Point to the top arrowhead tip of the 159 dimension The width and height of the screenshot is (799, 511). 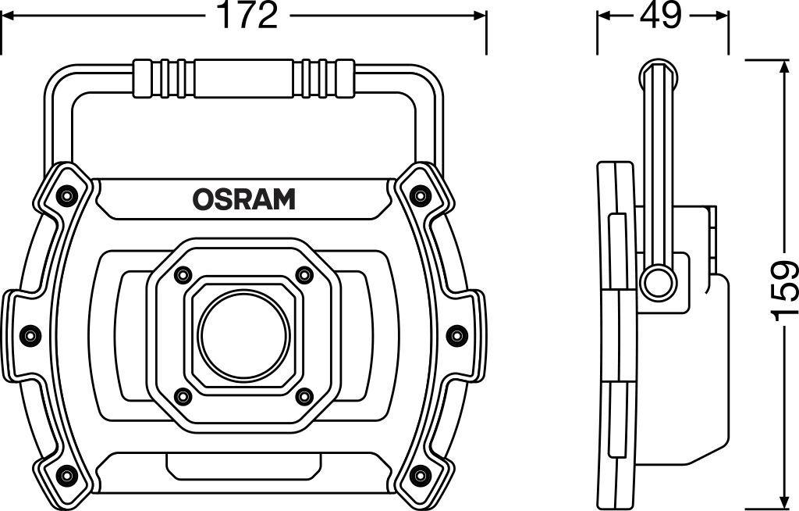coord(783,59)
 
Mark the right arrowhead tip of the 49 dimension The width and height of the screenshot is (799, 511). coord(728,16)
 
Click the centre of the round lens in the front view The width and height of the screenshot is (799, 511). coord(243,337)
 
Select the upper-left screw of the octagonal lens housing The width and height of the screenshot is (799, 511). coord(182,276)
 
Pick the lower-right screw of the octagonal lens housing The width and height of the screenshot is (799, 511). coord(304,395)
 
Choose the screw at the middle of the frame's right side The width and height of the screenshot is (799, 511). coord(456,335)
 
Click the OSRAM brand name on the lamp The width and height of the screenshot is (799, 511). coord(243,199)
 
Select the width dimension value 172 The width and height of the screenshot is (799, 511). coord(247,16)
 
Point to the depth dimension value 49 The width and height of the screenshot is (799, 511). coord(660,16)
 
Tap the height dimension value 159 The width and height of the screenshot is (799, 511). coord(784,291)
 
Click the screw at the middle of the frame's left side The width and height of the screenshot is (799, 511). coord(30,335)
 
